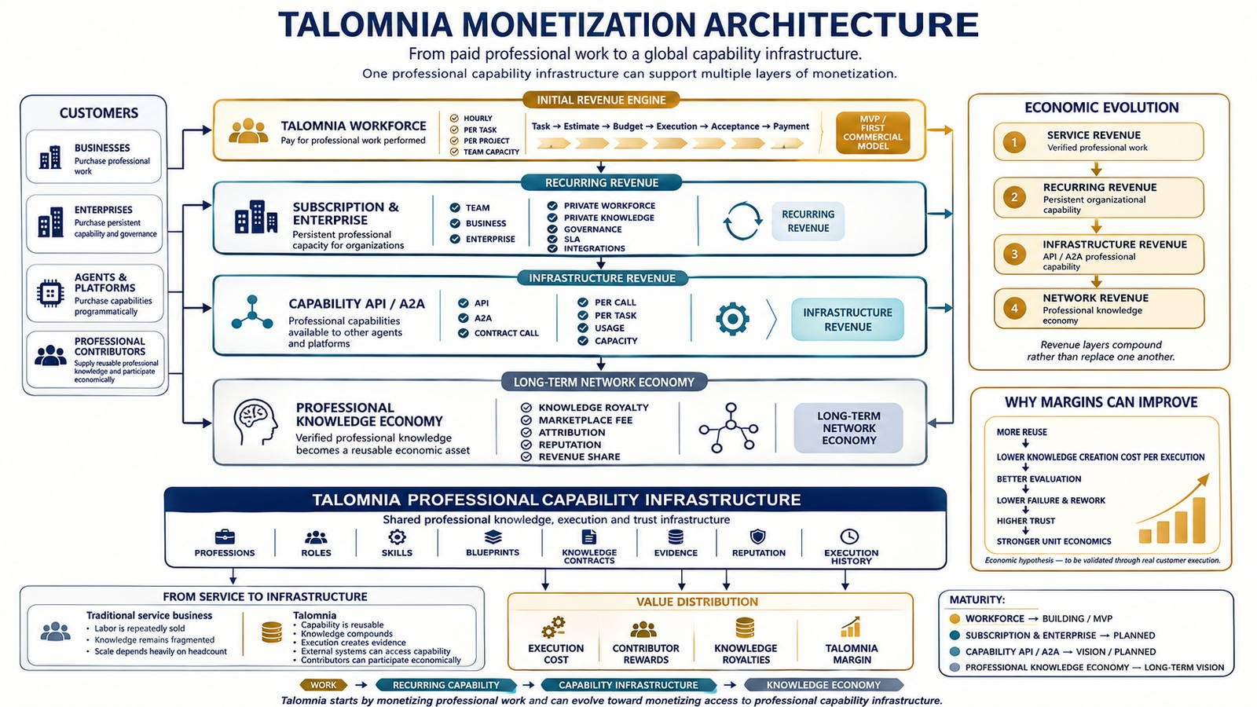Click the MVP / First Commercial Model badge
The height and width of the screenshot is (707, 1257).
coord(873,133)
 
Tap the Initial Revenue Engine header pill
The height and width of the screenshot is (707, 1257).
coord(601,100)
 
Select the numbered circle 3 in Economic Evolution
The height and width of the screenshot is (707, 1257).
coord(1014,255)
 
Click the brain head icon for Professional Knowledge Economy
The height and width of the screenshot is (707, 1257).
coord(255,422)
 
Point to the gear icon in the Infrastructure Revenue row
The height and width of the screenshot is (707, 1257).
coord(732,319)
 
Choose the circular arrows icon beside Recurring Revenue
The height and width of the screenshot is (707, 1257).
coord(742,221)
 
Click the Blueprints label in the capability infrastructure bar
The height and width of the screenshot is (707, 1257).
coord(493,553)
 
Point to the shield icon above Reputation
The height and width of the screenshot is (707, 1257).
coord(758,537)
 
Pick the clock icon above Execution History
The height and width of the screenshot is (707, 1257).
coord(849,537)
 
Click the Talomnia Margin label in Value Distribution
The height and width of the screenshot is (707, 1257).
coord(852,654)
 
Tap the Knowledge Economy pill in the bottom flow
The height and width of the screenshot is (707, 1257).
coord(824,685)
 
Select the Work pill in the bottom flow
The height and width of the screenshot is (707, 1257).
coord(324,685)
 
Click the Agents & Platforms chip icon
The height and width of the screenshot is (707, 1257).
coord(50,294)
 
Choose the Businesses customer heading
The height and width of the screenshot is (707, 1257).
coord(102,148)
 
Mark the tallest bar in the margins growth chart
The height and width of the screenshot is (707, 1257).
coord(1199,520)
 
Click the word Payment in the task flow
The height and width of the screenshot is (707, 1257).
coord(791,126)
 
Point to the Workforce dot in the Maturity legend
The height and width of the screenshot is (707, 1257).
coord(954,619)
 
